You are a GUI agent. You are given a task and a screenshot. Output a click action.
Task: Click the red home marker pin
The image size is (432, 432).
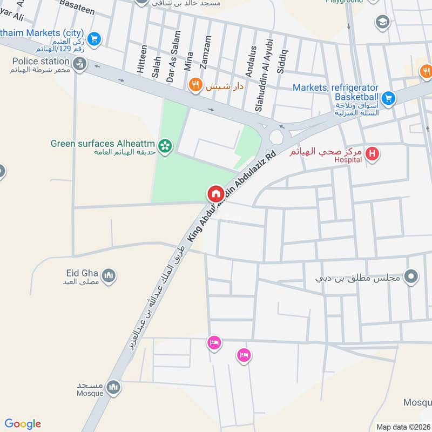pos(215,193)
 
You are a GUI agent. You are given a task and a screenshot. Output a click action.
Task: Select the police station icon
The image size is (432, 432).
pos(80,65)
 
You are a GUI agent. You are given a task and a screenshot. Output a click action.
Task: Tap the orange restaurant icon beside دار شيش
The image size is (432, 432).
pos(195,85)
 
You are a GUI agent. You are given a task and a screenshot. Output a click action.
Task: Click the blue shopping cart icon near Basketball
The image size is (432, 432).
pos(388,98)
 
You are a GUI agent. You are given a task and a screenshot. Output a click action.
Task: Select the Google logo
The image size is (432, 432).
pos(23,424)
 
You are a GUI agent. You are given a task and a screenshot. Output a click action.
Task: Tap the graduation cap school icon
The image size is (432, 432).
pos(382,22)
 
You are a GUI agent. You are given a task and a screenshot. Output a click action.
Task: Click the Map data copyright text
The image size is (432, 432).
pos(402,427)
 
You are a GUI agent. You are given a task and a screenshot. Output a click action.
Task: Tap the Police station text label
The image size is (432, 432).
pos(40,61)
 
